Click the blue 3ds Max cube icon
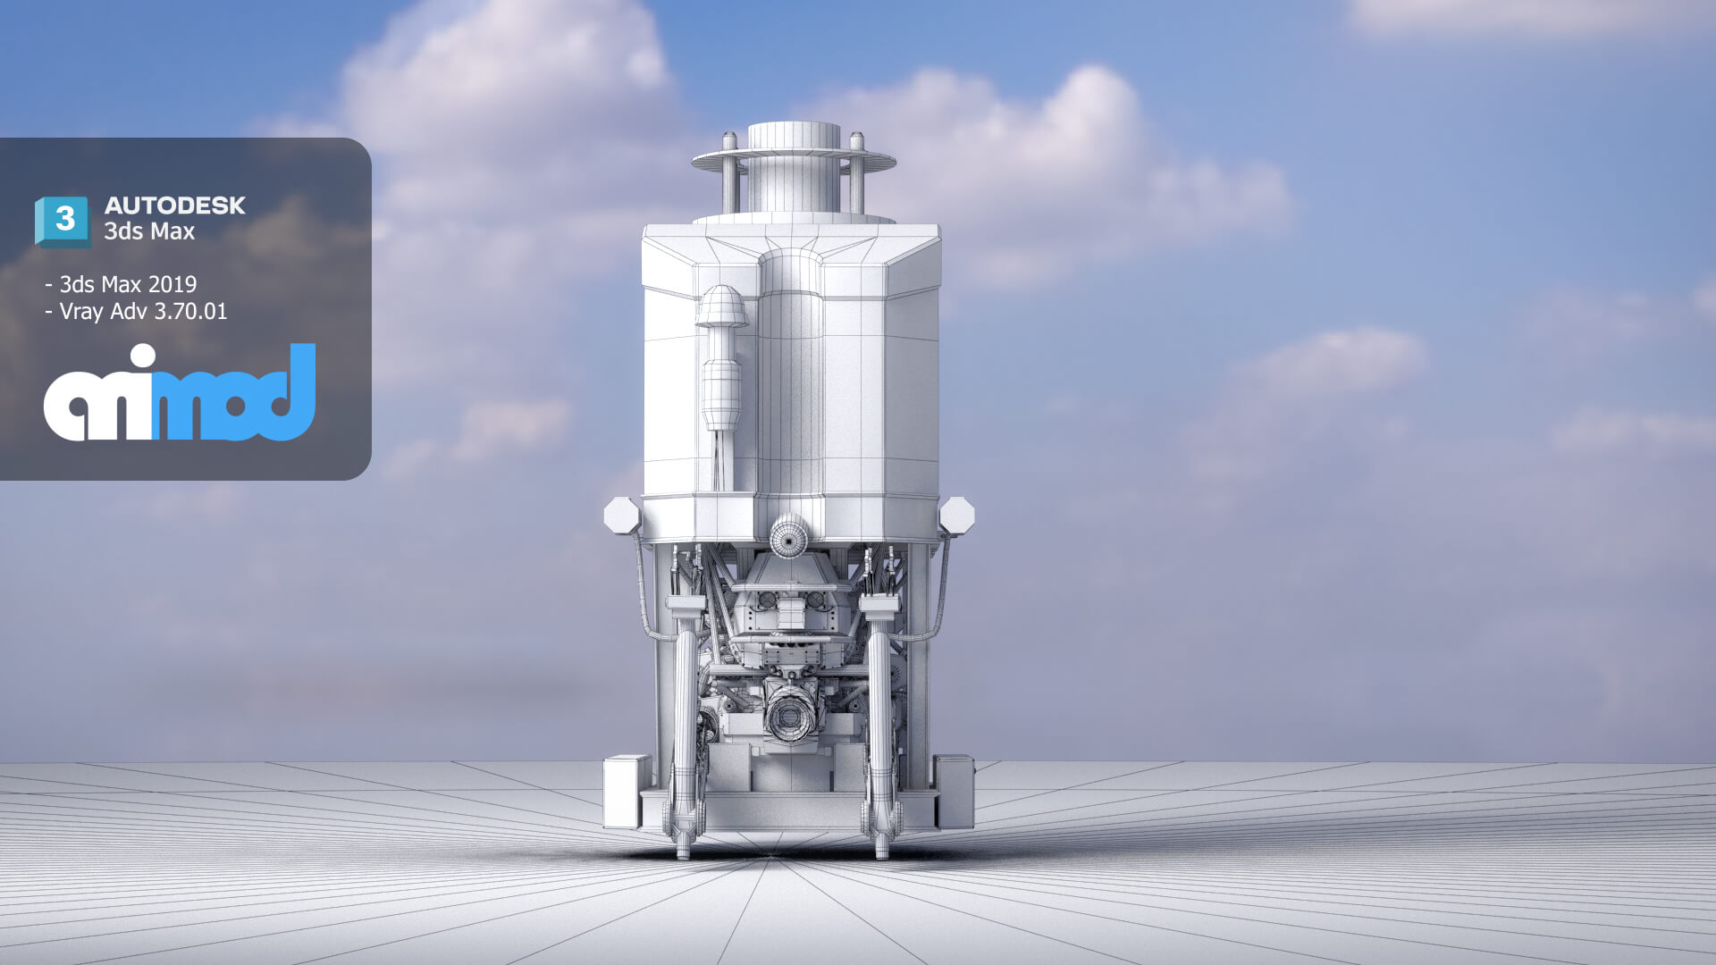62,221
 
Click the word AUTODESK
175,206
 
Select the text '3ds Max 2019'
128,284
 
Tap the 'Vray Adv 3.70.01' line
143,312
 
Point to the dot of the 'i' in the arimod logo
141,357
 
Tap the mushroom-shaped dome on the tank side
722,306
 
